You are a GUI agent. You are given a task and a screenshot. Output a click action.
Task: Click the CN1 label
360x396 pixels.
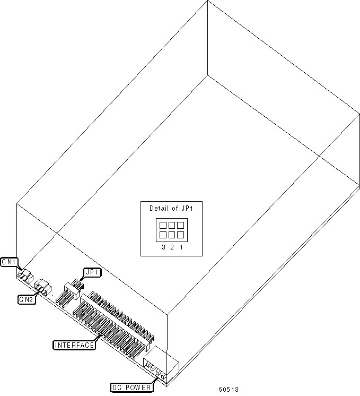tap(9, 262)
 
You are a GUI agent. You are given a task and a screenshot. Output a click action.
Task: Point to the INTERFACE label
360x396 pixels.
tap(75, 345)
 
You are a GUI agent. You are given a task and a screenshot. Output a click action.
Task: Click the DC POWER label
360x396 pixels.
tap(131, 387)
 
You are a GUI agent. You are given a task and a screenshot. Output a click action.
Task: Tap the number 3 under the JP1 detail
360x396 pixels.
tap(163, 247)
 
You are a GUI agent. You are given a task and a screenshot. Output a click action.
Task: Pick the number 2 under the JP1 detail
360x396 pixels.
tap(172, 247)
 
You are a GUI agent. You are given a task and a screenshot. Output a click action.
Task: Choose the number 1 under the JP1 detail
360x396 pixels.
tap(181, 247)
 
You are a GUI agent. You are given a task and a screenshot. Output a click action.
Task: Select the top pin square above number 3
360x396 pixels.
tap(163, 225)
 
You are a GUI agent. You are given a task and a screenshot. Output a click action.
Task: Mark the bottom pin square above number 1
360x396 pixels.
tap(180, 234)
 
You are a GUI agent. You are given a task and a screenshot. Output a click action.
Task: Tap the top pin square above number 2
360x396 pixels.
tap(172, 225)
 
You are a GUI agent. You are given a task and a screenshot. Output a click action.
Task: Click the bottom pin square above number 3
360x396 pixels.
tap(163, 234)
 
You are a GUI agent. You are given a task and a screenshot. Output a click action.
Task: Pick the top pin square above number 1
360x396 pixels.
tap(180, 225)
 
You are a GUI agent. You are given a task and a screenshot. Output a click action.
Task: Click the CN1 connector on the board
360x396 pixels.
tap(24, 276)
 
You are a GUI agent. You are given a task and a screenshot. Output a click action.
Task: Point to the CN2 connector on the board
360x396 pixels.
tap(42, 288)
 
